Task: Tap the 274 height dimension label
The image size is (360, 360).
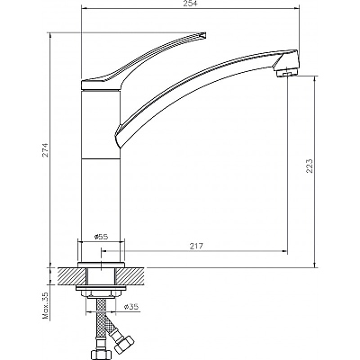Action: tap(46, 150)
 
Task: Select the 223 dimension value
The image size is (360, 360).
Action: tap(310, 166)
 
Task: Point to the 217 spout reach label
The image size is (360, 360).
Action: tap(196, 246)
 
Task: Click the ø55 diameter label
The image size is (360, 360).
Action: tap(101, 237)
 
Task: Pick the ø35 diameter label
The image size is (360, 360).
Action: tap(131, 306)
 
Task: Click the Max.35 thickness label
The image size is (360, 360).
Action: tap(46, 305)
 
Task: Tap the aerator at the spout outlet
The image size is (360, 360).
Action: tap(287, 73)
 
